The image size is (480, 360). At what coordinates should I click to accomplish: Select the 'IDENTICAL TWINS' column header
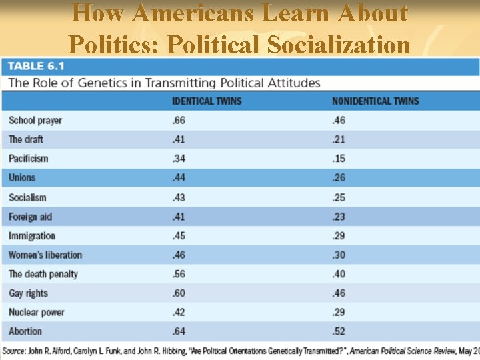(207, 101)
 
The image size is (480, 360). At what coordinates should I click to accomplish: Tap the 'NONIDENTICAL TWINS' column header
(375, 101)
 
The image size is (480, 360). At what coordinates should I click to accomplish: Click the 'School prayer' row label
(35, 121)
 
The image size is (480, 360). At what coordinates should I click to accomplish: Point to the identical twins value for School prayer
(179, 121)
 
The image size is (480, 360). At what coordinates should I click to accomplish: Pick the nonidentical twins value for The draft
(339, 140)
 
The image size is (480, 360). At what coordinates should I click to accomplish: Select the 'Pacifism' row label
(29, 159)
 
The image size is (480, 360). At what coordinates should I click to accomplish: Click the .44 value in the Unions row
(179, 178)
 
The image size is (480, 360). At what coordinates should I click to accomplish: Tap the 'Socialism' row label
(28, 197)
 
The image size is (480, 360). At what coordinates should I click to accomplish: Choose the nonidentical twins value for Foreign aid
(339, 217)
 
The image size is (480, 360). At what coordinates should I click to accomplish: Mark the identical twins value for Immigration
(179, 236)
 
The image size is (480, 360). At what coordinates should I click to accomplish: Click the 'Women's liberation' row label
(45, 255)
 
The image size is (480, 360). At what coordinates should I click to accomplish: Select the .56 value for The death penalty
(179, 274)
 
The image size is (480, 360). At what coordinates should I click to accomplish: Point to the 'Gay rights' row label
(29, 293)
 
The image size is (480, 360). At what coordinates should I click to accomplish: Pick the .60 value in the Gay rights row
(179, 293)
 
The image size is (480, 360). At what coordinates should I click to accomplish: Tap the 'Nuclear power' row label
(37, 312)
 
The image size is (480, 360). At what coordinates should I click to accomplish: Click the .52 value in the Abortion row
(339, 331)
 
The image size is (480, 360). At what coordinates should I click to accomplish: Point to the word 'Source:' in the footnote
(17, 351)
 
